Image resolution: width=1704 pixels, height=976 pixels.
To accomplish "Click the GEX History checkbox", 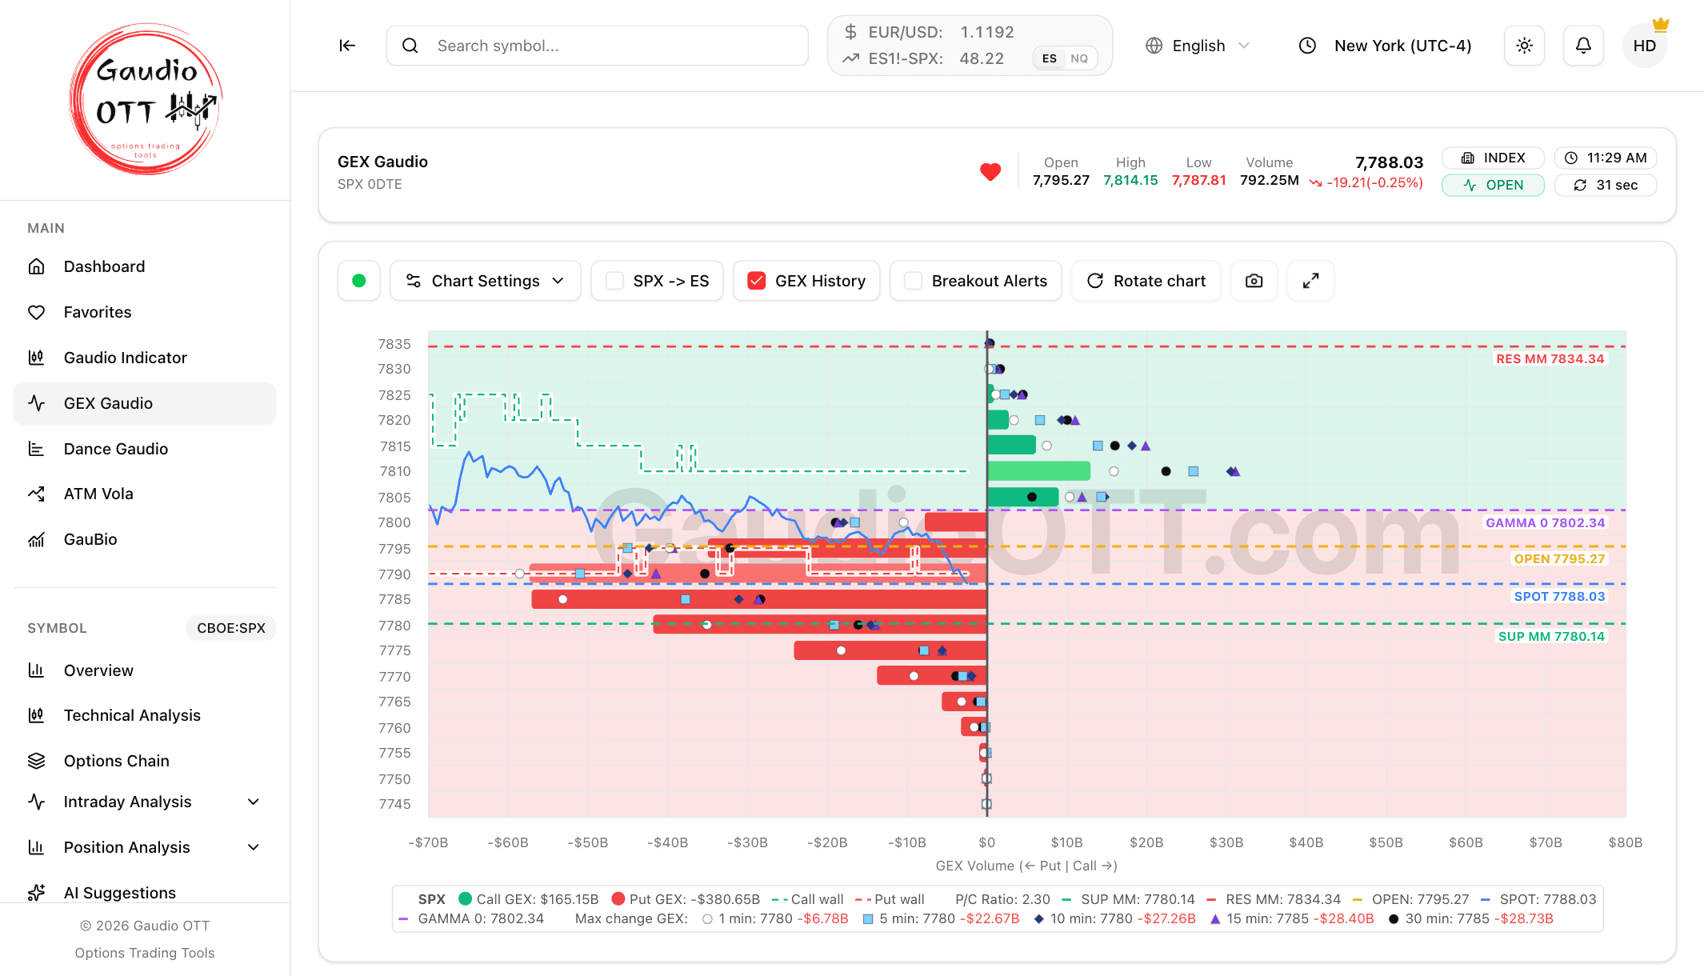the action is (x=756, y=281).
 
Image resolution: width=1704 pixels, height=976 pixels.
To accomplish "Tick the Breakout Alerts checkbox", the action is (x=913, y=281).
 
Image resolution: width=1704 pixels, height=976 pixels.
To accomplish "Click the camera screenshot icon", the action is (x=1254, y=281).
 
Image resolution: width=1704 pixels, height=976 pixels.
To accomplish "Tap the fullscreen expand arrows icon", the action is (x=1310, y=281).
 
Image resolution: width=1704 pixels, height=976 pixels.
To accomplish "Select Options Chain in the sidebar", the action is (x=117, y=761).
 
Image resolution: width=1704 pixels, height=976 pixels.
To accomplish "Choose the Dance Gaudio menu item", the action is (x=116, y=449).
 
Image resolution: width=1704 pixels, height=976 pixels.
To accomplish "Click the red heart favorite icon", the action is (x=990, y=171).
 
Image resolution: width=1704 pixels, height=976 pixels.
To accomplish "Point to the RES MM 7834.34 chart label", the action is (x=1550, y=359).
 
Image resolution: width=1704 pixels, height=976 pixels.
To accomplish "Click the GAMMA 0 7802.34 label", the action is (x=1545, y=523).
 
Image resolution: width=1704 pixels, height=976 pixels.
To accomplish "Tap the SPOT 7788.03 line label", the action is (x=1559, y=597).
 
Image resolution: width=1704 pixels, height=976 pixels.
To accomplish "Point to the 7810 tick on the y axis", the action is (x=395, y=471).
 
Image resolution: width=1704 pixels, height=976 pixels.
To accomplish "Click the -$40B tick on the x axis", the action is (x=668, y=842).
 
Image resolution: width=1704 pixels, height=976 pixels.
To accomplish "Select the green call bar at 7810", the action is (x=1038, y=471).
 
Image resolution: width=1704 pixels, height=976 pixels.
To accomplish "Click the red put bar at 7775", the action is (x=890, y=650).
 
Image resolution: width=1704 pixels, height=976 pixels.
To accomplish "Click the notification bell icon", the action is (x=1583, y=46).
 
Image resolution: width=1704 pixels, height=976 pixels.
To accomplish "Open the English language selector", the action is (x=1198, y=46).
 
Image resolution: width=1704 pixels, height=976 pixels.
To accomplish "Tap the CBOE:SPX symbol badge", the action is (x=231, y=628).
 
